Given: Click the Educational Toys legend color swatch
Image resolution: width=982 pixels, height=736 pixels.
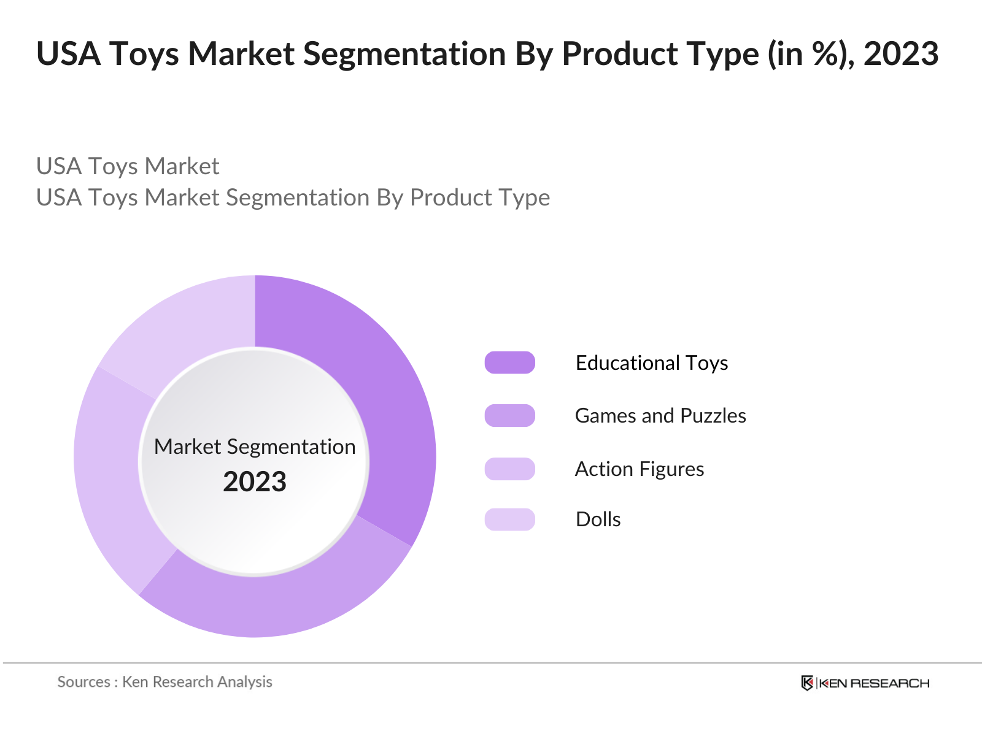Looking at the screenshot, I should coord(509,362).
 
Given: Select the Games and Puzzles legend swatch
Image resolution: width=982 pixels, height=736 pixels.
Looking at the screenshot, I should coord(509,416).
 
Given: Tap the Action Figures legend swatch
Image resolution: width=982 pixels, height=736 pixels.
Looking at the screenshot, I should coord(509,469).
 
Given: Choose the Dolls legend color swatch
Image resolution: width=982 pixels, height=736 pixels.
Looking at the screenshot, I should coord(509,519).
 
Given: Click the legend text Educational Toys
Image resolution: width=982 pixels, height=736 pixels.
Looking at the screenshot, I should coord(651,362).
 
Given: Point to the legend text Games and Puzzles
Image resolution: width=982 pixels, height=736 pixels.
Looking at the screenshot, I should coord(660,416).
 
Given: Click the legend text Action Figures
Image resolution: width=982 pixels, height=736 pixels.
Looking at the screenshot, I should coord(639,469).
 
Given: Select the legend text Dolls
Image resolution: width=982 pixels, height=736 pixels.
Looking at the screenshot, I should coord(598,519).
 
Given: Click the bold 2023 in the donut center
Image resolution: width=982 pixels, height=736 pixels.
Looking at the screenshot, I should coord(255,481).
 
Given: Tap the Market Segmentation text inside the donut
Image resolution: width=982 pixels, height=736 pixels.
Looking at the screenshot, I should coord(255,447).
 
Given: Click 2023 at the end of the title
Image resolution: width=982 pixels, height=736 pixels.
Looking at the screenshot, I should coord(900,54).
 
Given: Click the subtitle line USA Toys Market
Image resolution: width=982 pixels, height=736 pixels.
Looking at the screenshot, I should coord(128,166).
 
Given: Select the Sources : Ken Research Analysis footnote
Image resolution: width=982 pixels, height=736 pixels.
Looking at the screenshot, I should coord(164,682).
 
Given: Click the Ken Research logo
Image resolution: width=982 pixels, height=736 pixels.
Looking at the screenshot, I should coord(865,683).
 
